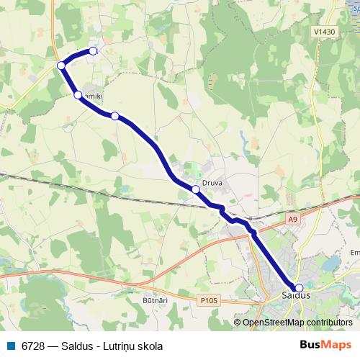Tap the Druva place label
pyautogui.click(x=212, y=183)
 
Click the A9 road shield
pyautogui.click(x=292, y=220)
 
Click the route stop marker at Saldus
pyautogui.click(x=299, y=288)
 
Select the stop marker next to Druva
pyautogui.click(x=195, y=189)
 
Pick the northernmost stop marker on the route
pyautogui.click(x=93, y=51)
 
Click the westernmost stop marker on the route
pyautogui.click(x=61, y=66)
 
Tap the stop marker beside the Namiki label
pyautogui.click(x=78, y=94)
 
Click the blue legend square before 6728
pyautogui.click(x=11, y=345)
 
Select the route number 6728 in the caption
pyautogui.click(x=34, y=345)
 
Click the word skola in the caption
pyautogui.click(x=149, y=345)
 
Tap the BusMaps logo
pyautogui.click(x=325, y=345)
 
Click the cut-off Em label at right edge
pyautogui.click(x=354, y=253)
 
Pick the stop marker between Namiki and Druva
pyautogui.click(x=114, y=115)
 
